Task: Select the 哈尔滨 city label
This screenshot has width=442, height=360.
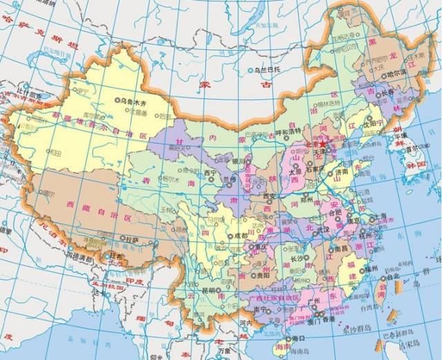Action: point(398,73)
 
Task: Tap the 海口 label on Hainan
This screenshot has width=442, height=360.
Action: point(298,339)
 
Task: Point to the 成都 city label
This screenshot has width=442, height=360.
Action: point(240,235)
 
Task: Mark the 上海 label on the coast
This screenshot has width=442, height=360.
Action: point(378,216)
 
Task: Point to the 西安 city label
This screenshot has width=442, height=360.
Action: point(270,196)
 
